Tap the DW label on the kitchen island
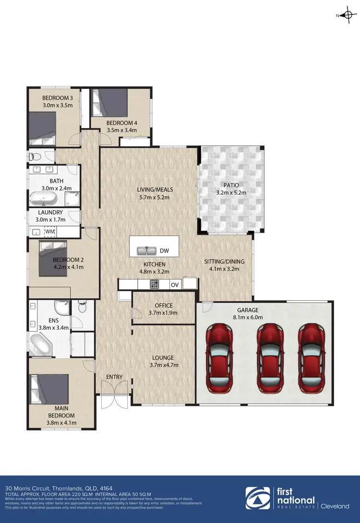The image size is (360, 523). tap(164, 250)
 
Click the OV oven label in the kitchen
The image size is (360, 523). tap(175, 285)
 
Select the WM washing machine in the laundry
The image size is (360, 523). tap(50, 232)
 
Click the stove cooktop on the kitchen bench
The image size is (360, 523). tap(155, 284)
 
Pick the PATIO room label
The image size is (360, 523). tap(231, 185)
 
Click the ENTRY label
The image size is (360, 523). tap(114, 377)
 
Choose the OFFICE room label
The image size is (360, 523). tap(164, 306)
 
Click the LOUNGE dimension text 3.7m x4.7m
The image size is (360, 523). tap(163, 365)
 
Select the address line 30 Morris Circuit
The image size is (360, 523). tap(53, 487)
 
